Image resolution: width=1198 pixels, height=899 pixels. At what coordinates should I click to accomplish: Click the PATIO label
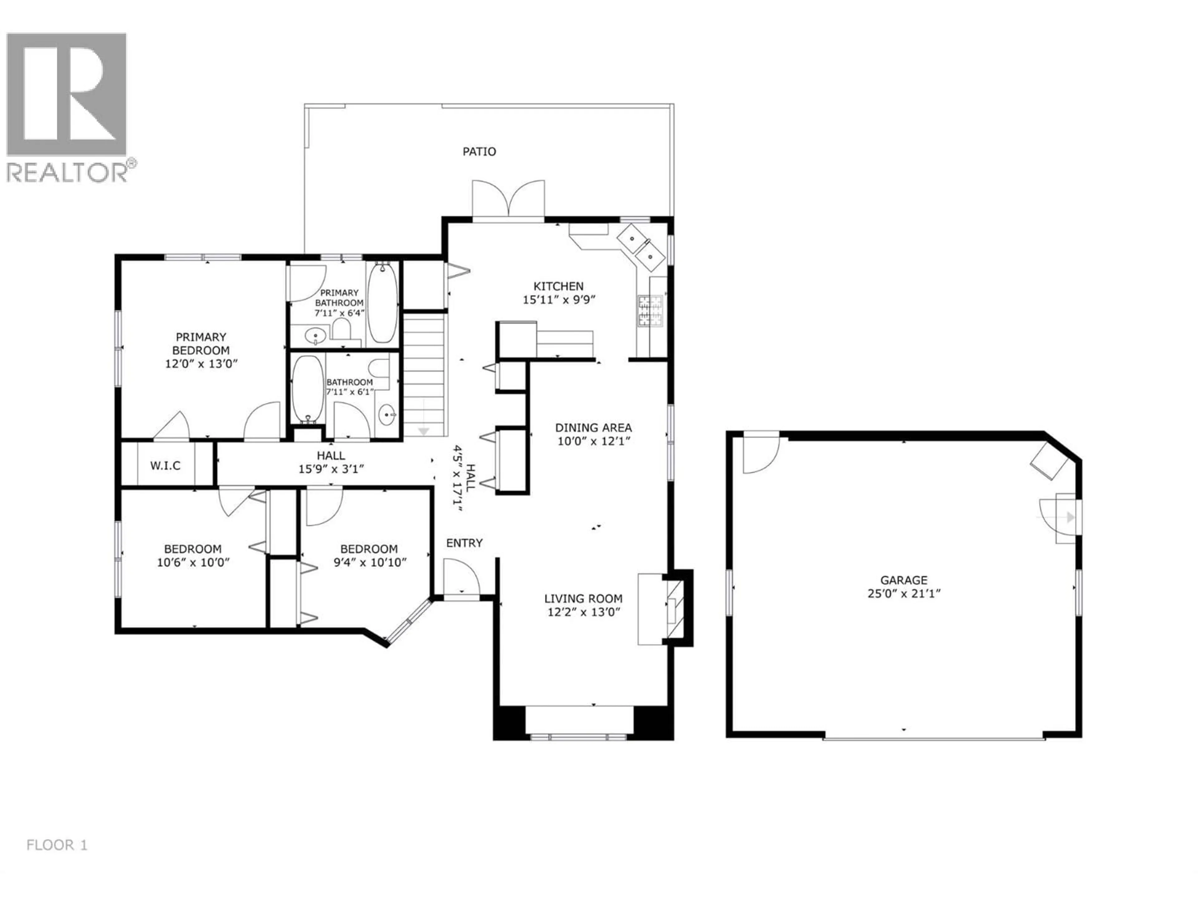point(479,152)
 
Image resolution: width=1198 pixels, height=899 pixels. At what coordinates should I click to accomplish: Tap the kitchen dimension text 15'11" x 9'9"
point(559,300)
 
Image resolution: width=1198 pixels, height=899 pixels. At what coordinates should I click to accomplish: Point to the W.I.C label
point(165,465)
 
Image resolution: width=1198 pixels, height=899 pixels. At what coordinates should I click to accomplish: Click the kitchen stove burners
point(650,311)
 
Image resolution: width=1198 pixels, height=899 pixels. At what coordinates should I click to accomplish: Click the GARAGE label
point(903,580)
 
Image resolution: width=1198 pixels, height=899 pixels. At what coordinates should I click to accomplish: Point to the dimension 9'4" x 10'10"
point(370,563)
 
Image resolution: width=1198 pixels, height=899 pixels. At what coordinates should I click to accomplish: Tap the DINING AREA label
point(594,428)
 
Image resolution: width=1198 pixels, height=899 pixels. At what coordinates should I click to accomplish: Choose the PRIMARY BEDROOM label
point(201,344)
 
